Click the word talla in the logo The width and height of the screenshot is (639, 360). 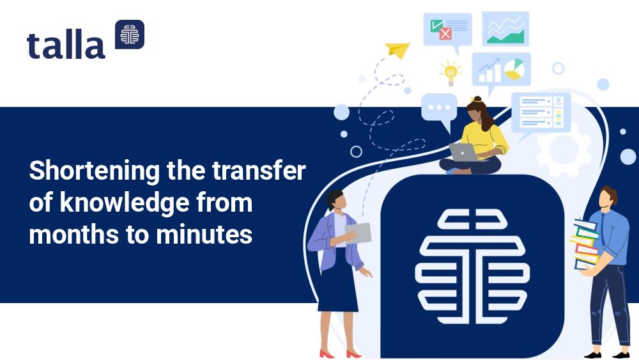click(66, 44)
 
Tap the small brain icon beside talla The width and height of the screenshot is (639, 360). click(130, 35)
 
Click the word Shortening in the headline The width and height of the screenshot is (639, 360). click(94, 171)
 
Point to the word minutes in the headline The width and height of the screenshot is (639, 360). click(204, 235)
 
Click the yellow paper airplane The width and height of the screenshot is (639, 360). click(397, 50)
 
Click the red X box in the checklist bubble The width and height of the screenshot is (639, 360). click(445, 33)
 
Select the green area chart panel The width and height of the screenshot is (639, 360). click(505, 29)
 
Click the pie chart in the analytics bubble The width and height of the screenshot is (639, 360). click(514, 69)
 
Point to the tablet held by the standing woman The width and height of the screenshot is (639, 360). click(358, 233)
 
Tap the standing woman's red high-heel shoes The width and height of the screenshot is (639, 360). click(340, 354)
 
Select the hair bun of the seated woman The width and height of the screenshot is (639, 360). click(477, 99)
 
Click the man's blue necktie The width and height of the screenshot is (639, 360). click(603, 230)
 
